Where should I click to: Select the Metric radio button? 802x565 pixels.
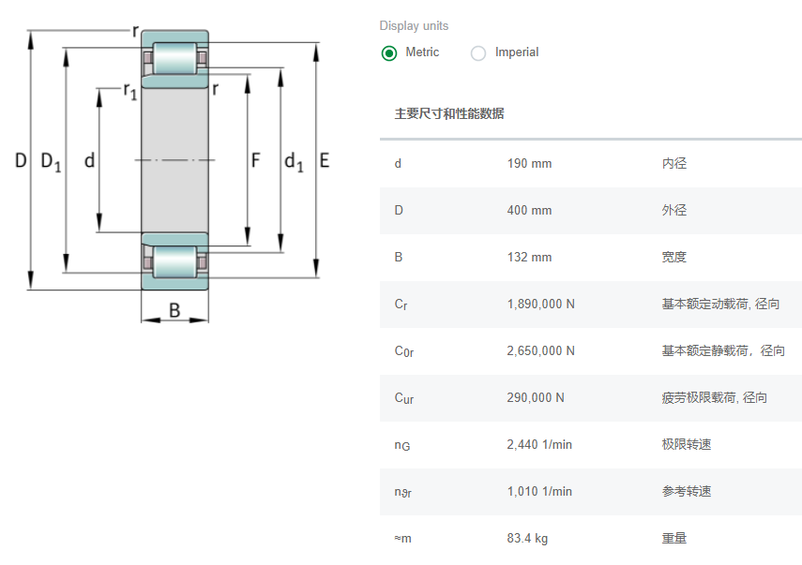point(389,52)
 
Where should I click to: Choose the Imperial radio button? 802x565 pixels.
point(478,52)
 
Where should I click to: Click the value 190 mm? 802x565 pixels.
point(529,164)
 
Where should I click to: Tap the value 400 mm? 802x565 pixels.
point(529,211)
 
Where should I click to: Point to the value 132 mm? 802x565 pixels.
point(529,258)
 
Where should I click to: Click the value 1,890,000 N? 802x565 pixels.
point(540,305)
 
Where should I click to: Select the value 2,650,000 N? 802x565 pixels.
point(540,351)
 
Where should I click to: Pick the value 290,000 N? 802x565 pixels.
point(536,398)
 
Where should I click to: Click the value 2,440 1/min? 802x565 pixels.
point(539,445)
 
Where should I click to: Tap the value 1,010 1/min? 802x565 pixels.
point(539,492)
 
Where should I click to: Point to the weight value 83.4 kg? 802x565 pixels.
point(527,539)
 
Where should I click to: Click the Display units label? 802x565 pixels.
point(414,26)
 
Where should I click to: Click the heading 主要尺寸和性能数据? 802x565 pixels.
point(449,114)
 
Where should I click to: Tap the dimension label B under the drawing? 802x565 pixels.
point(174,310)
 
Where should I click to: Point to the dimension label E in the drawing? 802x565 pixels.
point(325,161)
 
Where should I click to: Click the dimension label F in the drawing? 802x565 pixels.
point(255,161)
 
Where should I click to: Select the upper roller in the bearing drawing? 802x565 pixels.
point(174,59)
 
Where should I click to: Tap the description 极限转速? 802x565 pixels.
point(687,445)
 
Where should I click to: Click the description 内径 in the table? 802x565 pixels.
point(674,164)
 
